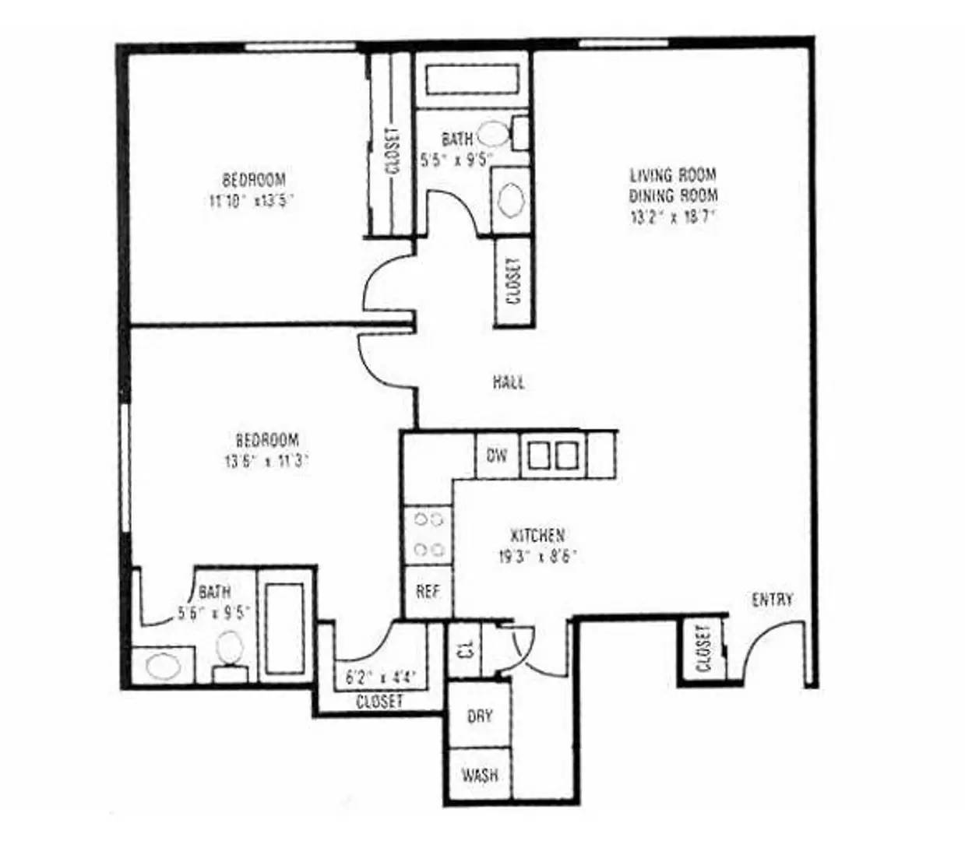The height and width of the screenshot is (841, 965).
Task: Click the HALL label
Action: (508, 382)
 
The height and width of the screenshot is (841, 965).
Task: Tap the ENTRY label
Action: (772, 599)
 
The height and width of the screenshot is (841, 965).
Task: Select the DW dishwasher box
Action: (497, 455)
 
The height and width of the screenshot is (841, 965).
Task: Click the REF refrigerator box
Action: (428, 592)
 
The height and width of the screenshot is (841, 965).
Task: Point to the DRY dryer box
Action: (480, 716)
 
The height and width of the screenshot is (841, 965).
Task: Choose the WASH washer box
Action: (480, 776)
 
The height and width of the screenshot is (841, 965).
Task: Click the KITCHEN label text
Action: (537, 536)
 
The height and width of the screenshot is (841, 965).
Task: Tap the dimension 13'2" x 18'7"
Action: (673, 216)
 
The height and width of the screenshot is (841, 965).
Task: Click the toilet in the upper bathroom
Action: (493, 133)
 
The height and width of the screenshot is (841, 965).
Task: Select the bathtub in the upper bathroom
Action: (474, 80)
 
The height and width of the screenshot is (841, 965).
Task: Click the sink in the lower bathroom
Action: (162, 666)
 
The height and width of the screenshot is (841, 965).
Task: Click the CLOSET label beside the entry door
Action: (704, 648)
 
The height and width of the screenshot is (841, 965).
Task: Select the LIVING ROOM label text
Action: (673, 174)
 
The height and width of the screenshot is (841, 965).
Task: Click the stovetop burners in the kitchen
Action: (428, 533)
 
